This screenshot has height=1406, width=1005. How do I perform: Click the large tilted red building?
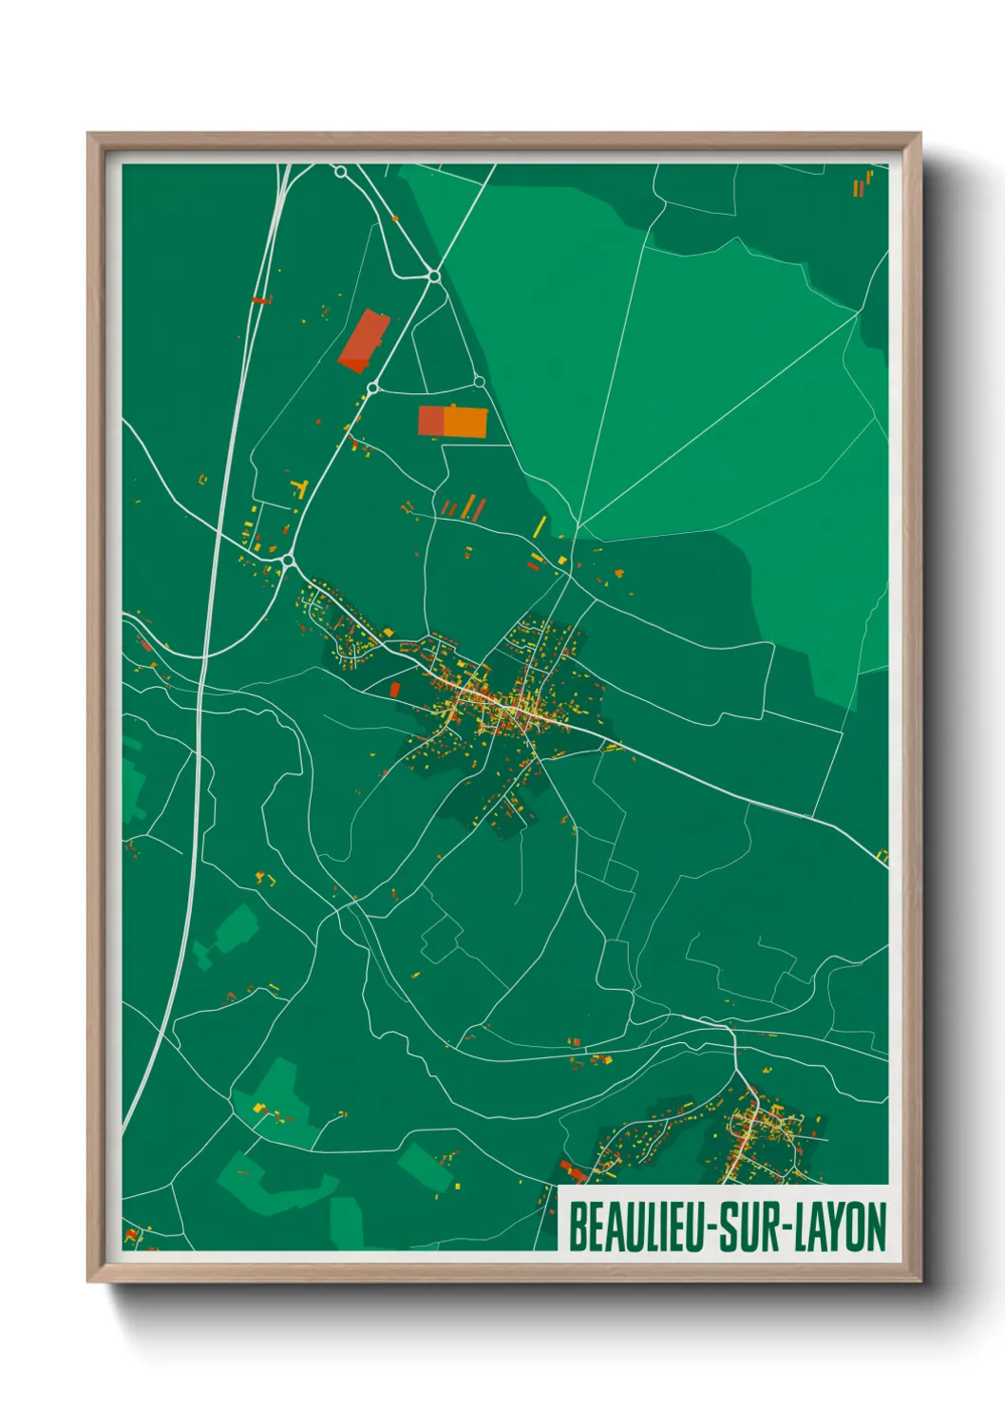(x=364, y=340)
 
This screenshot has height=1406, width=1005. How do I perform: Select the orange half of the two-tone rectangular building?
(x=465, y=422)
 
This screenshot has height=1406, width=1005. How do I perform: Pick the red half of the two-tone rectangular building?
(x=430, y=421)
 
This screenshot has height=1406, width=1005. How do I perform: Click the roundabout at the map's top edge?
(x=340, y=172)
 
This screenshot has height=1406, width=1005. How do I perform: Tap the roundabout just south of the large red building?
(x=373, y=387)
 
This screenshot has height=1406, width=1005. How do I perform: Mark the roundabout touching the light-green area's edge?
(x=433, y=276)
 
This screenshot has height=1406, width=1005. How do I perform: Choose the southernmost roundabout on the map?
(x=287, y=560)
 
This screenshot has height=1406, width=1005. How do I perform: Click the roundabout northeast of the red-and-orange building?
(x=480, y=382)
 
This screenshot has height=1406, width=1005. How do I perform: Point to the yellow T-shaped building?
(x=302, y=489)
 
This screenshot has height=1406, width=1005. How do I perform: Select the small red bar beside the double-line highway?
(x=258, y=300)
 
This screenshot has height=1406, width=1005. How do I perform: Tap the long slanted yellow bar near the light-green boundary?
(x=539, y=525)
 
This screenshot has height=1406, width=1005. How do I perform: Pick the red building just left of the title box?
(x=573, y=1170)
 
